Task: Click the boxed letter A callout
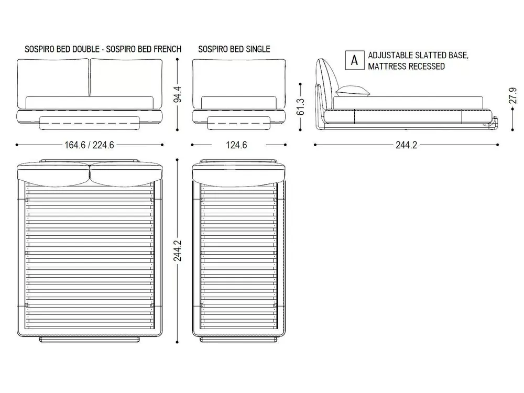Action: (355, 60)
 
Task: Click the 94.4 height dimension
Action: (178, 94)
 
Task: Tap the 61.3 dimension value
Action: (300, 106)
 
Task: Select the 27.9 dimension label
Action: (512, 95)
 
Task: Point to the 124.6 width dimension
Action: (236, 145)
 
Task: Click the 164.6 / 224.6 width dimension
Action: (89, 145)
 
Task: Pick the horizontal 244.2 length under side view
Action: (407, 145)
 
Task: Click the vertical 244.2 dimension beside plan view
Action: (178, 250)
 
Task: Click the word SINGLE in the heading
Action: (258, 49)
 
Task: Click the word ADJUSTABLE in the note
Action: (388, 56)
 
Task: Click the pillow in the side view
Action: (353, 91)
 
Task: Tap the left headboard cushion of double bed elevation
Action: (53, 83)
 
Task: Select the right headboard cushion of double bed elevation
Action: (126, 83)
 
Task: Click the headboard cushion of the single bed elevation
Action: (239, 83)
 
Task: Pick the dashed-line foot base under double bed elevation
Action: (89, 123)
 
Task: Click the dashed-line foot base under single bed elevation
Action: (239, 123)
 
